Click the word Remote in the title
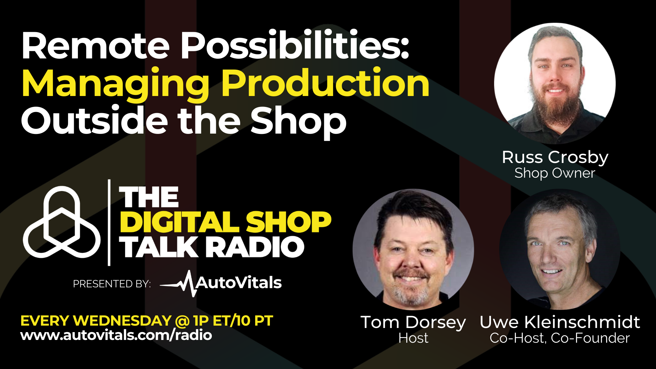[x=96, y=46]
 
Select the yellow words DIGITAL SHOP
[x=225, y=222]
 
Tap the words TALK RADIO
[x=211, y=247]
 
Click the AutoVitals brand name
[x=238, y=283]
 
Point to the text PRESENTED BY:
[x=112, y=284]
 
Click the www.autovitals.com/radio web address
[x=116, y=335]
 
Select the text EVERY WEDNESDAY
[x=96, y=321]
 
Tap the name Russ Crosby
[x=555, y=158]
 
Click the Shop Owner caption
[x=555, y=173]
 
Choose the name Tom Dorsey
[x=413, y=322]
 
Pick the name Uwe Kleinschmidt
[x=560, y=322]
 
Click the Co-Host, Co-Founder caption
[x=560, y=338]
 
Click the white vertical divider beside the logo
[x=109, y=222]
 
